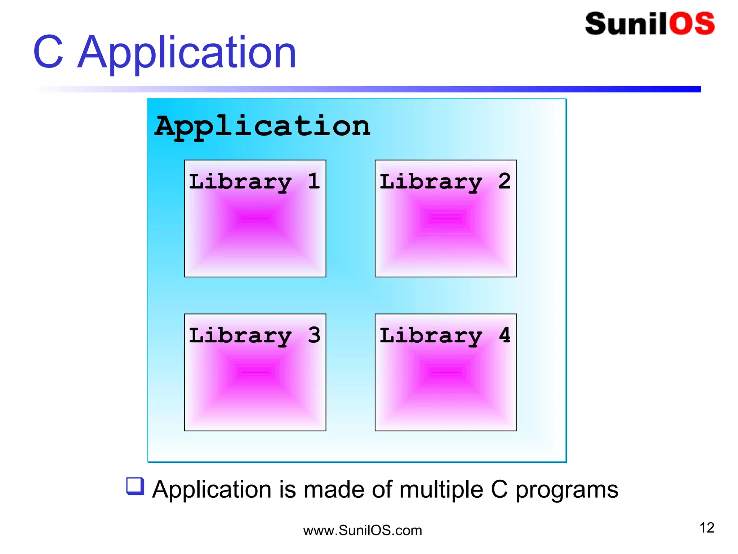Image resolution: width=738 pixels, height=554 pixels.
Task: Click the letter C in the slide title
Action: pyautogui.click(x=49, y=52)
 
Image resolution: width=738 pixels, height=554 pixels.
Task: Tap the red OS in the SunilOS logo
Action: pyautogui.click(x=692, y=24)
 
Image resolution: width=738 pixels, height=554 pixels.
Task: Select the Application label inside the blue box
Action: pyautogui.click(x=262, y=127)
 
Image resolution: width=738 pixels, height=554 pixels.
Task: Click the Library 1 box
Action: pyautogui.click(x=255, y=231)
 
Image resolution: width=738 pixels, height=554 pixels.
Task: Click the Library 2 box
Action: pyautogui.click(x=446, y=231)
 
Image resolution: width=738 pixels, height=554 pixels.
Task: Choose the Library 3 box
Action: pyautogui.click(x=255, y=384)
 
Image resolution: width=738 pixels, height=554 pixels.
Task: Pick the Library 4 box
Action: pyautogui.click(x=446, y=384)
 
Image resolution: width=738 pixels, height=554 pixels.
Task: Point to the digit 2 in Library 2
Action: pyautogui.click(x=504, y=181)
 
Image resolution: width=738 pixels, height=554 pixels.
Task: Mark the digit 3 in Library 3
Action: pyautogui.click(x=314, y=335)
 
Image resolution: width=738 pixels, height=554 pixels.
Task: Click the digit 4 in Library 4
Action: pyautogui.click(x=504, y=335)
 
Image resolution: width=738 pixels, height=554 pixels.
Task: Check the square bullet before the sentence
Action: pyautogui.click(x=135, y=486)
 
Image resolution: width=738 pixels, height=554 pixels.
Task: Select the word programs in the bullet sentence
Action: pyautogui.click(x=566, y=491)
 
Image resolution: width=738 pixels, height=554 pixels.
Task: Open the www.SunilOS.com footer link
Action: pyautogui.click(x=363, y=531)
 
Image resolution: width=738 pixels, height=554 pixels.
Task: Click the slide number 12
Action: pyautogui.click(x=707, y=528)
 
